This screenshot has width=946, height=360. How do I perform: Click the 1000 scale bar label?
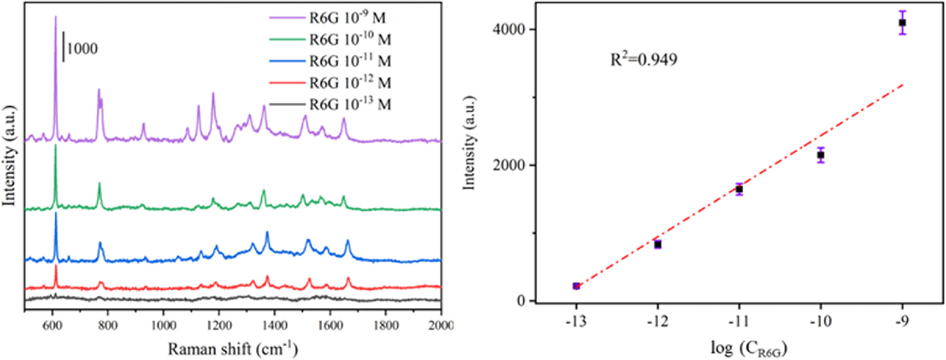click(82, 49)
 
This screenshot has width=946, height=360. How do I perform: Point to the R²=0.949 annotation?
click(643, 60)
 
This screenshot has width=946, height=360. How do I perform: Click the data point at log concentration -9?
click(902, 23)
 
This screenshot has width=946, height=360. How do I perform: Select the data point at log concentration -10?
click(821, 155)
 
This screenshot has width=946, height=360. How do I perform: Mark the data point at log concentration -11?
click(739, 189)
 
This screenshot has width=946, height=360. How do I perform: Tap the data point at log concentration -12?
click(658, 245)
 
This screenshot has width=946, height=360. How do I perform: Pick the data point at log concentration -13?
click(576, 286)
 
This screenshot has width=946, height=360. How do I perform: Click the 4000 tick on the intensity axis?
click(508, 29)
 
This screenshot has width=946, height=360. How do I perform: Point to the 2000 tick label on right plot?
click(508, 165)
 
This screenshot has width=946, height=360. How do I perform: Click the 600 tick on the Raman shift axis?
click(52, 326)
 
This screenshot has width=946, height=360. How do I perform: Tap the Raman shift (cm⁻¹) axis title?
click(232, 348)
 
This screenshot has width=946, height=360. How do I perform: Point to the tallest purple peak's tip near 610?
click(56, 17)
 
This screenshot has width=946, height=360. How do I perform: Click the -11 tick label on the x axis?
click(739, 322)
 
